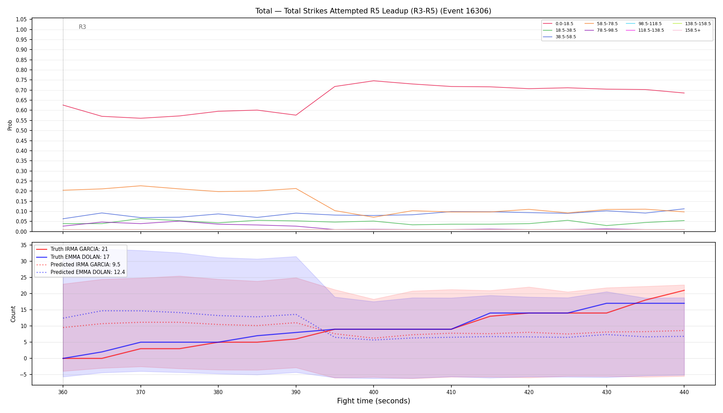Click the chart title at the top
[x=373, y=11]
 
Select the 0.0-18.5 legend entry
[x=558, y=24]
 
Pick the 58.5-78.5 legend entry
[x=601, y=24]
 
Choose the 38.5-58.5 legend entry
[x=559, y=37]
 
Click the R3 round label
[x=82, y=27]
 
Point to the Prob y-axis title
[x=10, y=125]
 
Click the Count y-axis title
[x=13, y=314]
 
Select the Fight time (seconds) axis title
[x=374, y=401]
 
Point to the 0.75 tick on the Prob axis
[x=21, y=80]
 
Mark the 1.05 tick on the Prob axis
[x=21, y=20]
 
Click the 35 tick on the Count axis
[x=24, y=245]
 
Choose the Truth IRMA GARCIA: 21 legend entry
[x=72, y=249]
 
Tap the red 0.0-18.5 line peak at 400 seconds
[x=374, y=81]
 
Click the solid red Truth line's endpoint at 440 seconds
[x=684, y=290]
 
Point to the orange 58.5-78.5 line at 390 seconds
[x=296, y=189]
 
